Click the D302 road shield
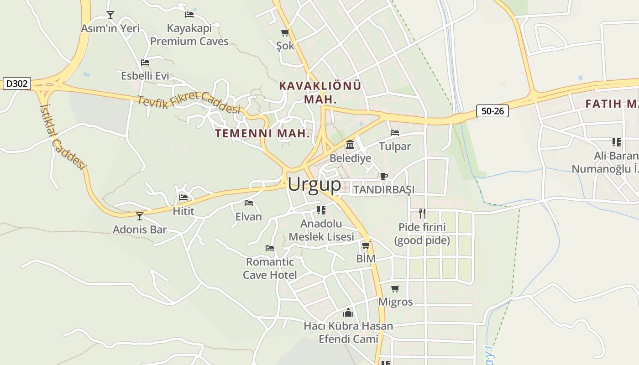coord(17,84)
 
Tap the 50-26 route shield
coord(492,111)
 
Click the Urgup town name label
coord(314,184)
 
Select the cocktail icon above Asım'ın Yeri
coord(110,15)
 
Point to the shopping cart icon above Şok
coord(285,33)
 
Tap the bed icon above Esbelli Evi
coord(145,63)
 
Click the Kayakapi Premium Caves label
coord(189,35)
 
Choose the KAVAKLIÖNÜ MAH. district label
coord(320,92)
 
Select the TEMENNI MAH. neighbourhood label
coord(262,134)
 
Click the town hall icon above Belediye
coord(350,145)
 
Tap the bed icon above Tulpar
coord(395,133)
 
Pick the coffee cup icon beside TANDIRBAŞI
coord(384,176)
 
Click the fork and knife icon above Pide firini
coord(422,213)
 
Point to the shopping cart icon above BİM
coord(366,245)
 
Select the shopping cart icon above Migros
coord(395,288)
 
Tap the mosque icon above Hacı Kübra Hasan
coord(348,313)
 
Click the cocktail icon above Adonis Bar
coord(140,216)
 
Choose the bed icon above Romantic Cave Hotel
coord(270,248)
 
